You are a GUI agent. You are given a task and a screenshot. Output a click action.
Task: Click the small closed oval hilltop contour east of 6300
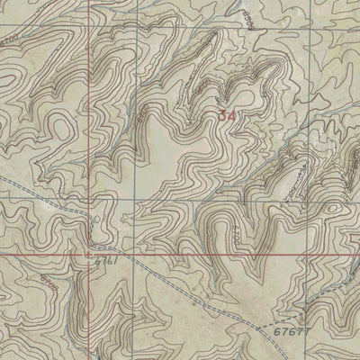point(335,208)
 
